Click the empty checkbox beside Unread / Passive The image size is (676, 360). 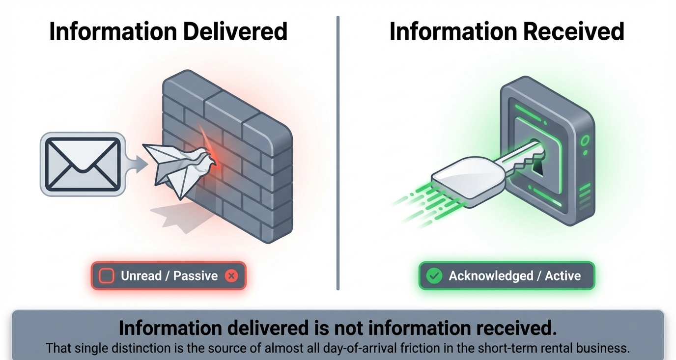click(106, 276)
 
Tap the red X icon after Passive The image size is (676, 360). click(231, 276)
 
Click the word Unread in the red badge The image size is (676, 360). click(141, 276)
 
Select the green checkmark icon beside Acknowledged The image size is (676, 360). click(434, 276)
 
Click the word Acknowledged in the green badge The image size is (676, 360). click(491, 276)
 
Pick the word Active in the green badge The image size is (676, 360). click(563, 276)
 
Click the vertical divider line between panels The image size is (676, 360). click(338, 152)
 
